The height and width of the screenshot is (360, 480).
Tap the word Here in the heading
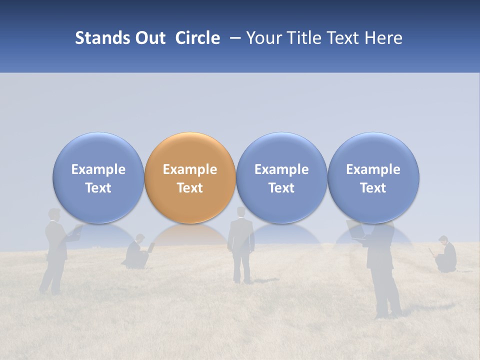383,38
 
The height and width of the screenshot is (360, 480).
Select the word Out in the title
149,38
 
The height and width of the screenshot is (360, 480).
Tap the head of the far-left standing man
53,214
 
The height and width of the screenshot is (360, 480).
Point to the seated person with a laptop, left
136,254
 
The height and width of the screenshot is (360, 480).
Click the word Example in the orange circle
190,169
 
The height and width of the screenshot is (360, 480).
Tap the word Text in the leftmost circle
98,188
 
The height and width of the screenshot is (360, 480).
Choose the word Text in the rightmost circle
373,188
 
